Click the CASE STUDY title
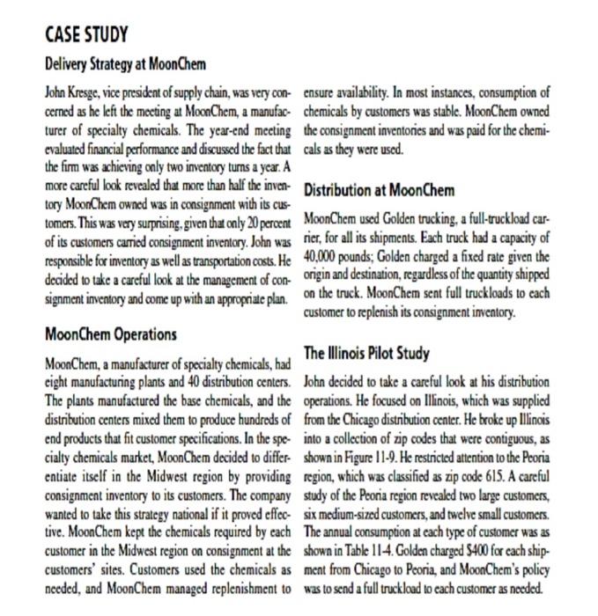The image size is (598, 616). point(85,35)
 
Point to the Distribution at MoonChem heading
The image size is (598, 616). point(379,190)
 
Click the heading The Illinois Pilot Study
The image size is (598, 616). point(366,353)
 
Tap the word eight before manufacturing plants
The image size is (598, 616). point(57,382)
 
